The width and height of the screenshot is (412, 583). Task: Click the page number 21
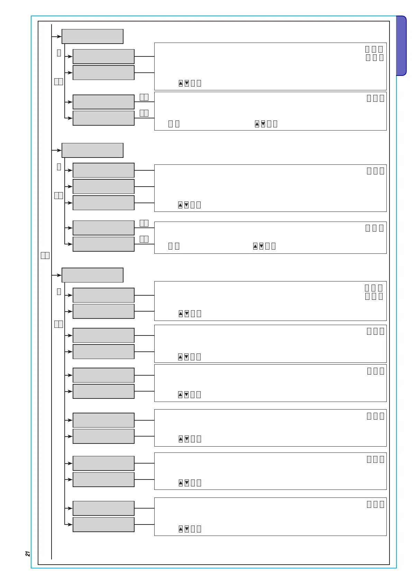pyautogui.click(x=28, y=554)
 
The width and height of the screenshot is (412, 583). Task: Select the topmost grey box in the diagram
pyautogui.click(x=92, y=36)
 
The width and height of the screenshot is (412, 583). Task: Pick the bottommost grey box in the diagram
pyautogui.click(x=103, y=524)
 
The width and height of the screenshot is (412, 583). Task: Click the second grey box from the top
pyautogui.click(x=103, y=56)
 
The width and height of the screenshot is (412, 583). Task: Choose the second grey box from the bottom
pyautogui.click(x=103, y=508)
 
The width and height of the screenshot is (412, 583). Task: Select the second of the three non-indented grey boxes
pyautogui.click(x=92, y=150)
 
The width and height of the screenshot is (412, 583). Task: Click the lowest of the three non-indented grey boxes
pyautogui.click(x=92, y=275)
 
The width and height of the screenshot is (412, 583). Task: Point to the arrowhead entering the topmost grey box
pyautogui.click(x=59, y=36)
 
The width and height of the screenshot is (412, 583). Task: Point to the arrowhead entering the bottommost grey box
pyautogui.click(x=70, y=524)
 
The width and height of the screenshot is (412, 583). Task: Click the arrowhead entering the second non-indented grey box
pyautogui.click(x=59, y=150)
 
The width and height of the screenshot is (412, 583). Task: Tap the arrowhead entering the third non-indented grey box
pyautogui.click(x=59, y=275)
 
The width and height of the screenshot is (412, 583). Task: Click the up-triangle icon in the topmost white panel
pyautogui.click(x=181, y=83)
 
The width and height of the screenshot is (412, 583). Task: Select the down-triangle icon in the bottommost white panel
pyautogui.click(x=187, y=529)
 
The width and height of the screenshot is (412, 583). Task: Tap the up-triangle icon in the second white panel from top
pyautogui.click(x=257, y=124)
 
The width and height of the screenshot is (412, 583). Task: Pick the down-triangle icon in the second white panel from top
pyautogui.click(x=263, y=124)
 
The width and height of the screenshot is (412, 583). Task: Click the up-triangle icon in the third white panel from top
pyautogui.click(x=180, y=205)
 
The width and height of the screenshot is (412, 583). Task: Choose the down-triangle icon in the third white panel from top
pyautogui.click(x=186, y=205)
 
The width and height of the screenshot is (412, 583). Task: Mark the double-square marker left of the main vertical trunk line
pyautogui.click(x=45, y=255)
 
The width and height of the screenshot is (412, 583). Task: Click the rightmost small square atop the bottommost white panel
pyautogui.click(x=382, y=504)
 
